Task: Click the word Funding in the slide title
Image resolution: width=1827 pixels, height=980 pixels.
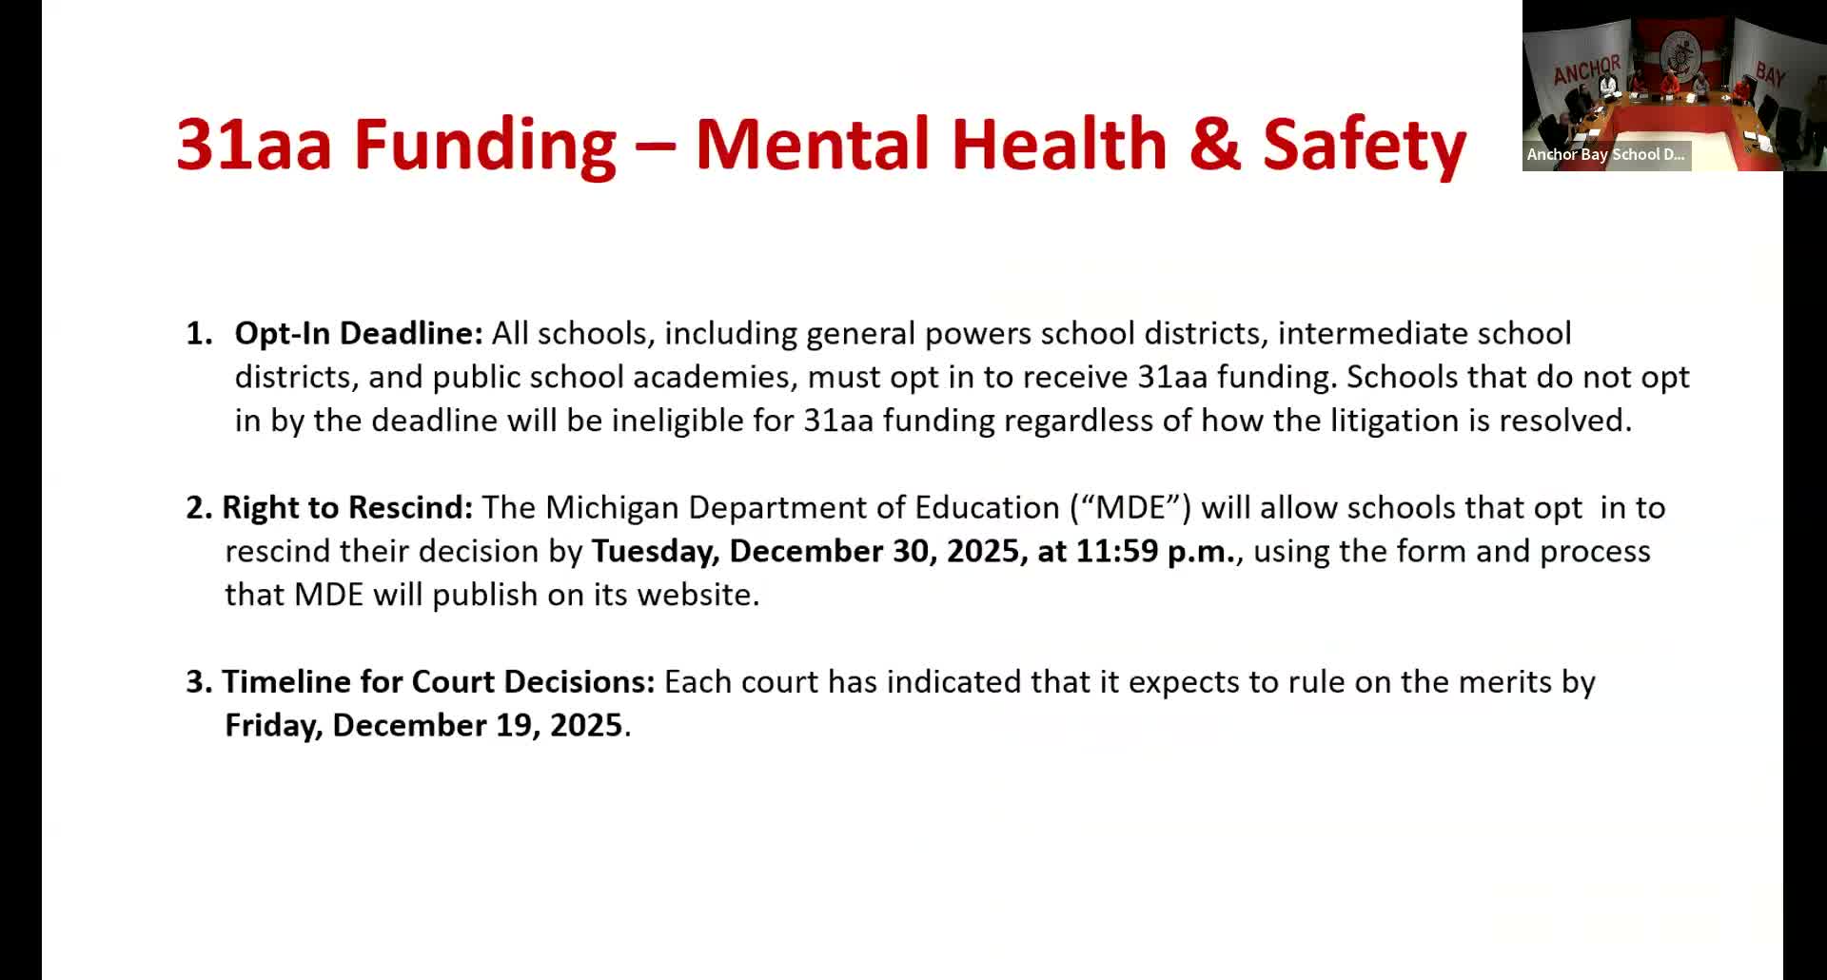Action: tap(485, 145)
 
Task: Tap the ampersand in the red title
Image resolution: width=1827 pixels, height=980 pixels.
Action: tap(1215, 145)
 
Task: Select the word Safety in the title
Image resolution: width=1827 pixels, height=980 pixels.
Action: tap(1364, 145)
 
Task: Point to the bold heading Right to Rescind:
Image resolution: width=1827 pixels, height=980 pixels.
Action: tap(347, 507)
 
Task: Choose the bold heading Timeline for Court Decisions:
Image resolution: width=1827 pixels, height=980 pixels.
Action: tap(439, 681)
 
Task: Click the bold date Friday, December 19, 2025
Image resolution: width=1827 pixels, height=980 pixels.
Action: tap(423, 725)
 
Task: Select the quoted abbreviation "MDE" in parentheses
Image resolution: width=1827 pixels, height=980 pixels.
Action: tap(1130, 507)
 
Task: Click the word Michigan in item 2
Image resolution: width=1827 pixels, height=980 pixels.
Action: tap(612, 507)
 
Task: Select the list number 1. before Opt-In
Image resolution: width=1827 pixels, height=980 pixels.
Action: tap(199, 333)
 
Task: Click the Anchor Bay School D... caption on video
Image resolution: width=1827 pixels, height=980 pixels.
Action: tap(1605, 154)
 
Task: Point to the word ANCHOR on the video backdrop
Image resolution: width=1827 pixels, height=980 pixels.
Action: tap(1586, 70)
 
